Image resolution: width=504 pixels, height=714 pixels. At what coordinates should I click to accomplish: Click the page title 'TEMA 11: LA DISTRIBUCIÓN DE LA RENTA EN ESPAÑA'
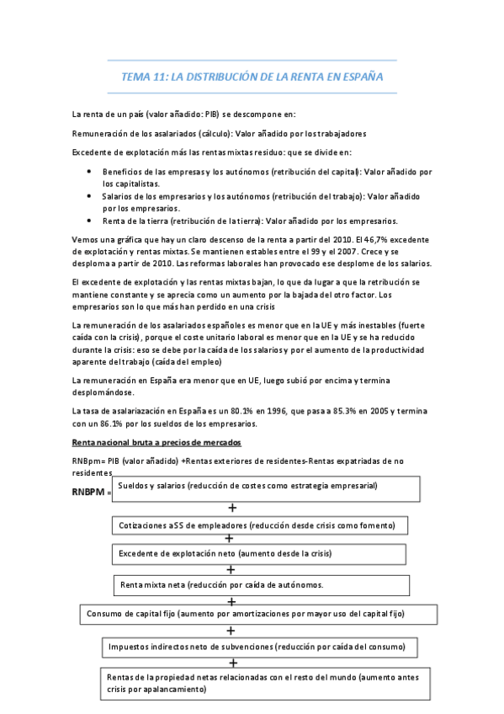pos(252,77)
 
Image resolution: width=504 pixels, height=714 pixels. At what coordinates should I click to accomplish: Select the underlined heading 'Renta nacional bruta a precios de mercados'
pos(157,443)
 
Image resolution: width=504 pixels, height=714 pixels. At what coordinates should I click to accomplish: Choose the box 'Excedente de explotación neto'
pos(262,554)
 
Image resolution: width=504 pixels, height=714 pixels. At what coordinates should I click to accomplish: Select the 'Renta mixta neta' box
pos(262,585)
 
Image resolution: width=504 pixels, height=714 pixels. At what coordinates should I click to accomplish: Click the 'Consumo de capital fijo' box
pos(260,615)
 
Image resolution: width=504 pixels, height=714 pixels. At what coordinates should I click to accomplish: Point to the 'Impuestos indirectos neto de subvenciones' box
pos(262,647)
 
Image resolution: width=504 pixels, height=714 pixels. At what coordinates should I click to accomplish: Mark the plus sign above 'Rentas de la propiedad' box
pos(232,663)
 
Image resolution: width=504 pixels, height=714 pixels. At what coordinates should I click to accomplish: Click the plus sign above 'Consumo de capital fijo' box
pos(232,601)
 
